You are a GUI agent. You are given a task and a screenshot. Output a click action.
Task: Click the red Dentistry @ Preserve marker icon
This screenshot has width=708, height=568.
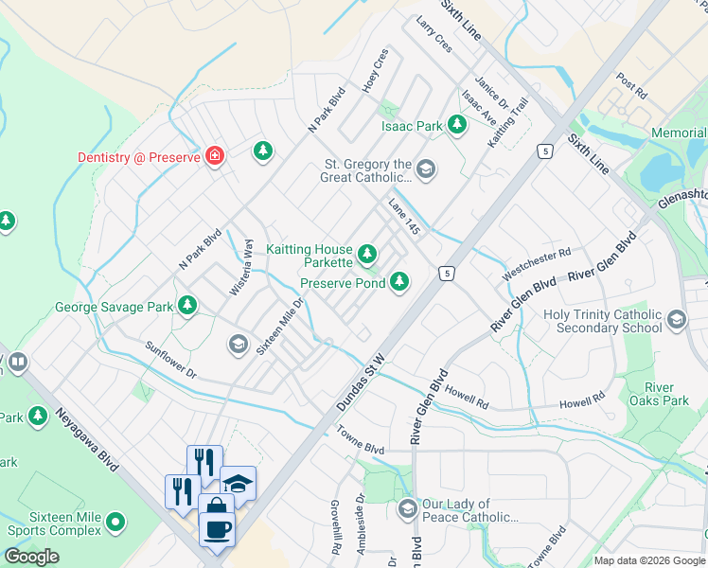(215, 156)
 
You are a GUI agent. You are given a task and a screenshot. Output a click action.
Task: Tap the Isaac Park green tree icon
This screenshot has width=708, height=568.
(457, 125)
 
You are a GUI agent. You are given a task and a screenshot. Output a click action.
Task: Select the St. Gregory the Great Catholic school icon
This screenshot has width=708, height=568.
(426, 169)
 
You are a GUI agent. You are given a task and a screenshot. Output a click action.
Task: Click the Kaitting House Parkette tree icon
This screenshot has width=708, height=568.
(367, 254)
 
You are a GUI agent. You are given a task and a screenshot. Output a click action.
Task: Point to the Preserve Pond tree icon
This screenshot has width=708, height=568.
(400, 281)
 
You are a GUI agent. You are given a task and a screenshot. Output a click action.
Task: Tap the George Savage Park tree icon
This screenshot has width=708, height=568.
(188, 305)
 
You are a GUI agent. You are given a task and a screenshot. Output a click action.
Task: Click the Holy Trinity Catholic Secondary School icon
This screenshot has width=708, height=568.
(676, 320)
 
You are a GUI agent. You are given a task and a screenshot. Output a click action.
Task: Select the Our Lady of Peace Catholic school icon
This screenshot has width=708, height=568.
(408, 509)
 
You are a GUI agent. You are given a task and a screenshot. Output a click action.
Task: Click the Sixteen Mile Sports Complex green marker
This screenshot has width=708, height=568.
(115, 522)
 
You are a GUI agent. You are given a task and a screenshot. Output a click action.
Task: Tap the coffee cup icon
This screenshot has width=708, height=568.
(217, 526)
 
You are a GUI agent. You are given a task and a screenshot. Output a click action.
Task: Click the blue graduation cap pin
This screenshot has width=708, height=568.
(238, 483)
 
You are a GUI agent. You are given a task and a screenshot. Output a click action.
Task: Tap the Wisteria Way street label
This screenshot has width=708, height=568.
(242, 268)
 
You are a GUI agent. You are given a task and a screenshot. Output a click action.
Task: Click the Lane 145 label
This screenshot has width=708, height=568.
(404, 217)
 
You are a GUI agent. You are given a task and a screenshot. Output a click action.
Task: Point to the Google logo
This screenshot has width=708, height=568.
(31, 556)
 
